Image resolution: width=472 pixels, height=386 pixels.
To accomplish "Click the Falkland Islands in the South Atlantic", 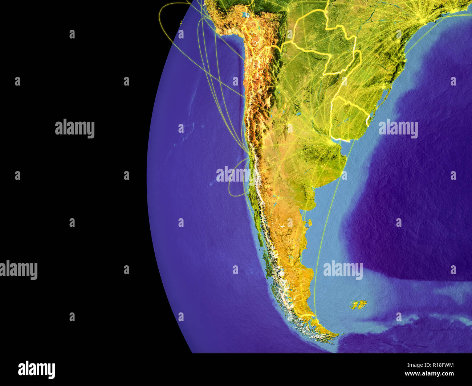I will (358, 304).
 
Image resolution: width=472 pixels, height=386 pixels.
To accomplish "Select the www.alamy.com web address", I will (429, 374).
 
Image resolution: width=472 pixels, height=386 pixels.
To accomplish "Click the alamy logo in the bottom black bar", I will (36, 369).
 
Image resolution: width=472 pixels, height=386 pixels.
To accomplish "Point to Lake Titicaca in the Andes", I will (247, 16).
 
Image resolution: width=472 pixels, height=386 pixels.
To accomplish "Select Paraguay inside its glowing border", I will (338, 54).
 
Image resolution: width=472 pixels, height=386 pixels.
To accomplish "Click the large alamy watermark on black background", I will (75, 128).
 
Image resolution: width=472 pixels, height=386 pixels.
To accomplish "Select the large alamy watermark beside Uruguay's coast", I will (398, 129).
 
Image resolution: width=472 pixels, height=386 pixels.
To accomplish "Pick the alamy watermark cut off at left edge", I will (18, 270).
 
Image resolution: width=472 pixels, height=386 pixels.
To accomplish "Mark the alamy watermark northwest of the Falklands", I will (343, 270).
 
